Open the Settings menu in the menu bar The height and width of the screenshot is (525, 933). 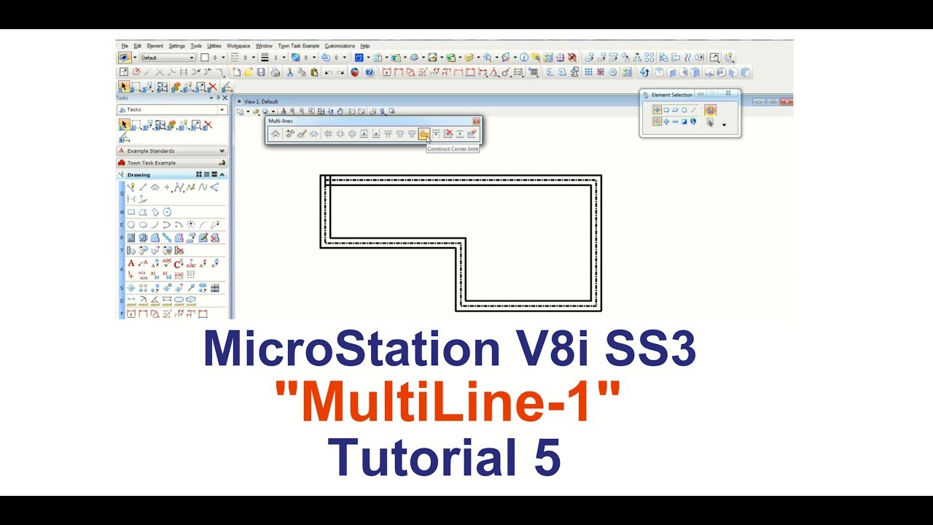coord(177,46)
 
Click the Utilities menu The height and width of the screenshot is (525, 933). coord(214,46)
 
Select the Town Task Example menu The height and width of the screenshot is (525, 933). coord(298,46)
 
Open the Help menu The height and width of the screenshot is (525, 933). coord(365,46)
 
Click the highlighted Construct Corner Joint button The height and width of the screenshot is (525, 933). coord(424,133)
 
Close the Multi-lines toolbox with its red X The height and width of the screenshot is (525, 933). coord(476,121)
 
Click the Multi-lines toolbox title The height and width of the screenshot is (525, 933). coord(281,120)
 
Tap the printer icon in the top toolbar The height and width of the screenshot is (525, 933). coord(275,72)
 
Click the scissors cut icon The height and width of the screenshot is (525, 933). coord(289,72)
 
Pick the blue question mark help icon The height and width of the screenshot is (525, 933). coord(370,72)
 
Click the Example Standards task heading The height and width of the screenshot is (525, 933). coord(151,151)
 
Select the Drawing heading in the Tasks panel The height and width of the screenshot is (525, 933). coord(138,175)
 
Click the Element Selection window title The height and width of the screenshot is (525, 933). coord(671,95)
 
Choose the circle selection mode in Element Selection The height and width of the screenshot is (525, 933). coord(684,110)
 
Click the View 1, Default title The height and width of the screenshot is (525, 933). coord(261,101)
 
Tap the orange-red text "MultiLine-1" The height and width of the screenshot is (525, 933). coord(448,403)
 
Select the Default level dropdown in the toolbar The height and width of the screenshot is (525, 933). coord(168,58)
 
